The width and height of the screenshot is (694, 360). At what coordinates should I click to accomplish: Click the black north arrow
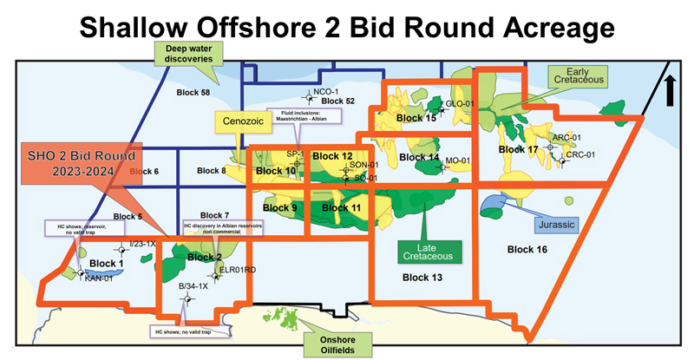tap(671, 90)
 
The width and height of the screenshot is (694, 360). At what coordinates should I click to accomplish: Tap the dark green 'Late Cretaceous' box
tap(429, 252)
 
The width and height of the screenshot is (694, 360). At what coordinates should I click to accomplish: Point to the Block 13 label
tap(423, 278)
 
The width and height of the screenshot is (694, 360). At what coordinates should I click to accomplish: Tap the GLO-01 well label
tap(459, 103)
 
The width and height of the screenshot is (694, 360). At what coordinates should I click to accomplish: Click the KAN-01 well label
tap(100, 278)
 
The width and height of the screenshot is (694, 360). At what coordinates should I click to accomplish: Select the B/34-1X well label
tap(193, 285)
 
